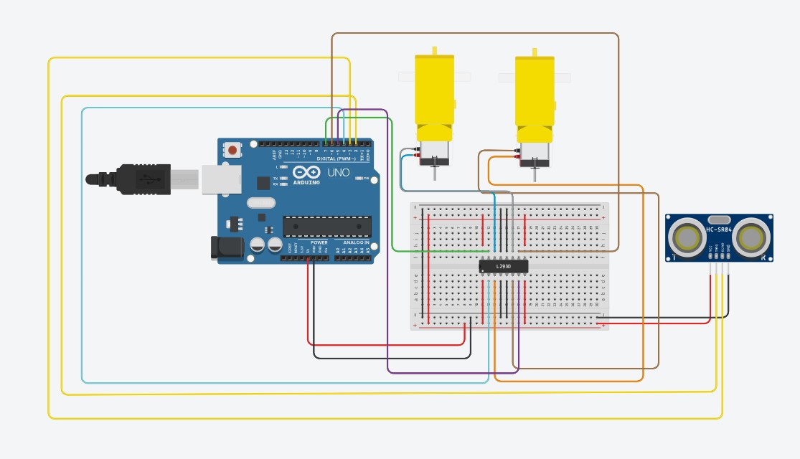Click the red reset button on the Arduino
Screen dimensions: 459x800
coord(233,151)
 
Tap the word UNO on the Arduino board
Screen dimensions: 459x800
coord(338,173)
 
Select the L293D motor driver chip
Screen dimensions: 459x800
coord(504,266)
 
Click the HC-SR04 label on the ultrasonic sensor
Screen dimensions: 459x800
coord(718,229)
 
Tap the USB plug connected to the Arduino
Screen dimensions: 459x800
coord(143,179)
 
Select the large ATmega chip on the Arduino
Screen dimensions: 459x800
coord(327,226)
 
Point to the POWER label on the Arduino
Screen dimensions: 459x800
coord(319,242)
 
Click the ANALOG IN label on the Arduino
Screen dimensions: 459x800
coord(356,242)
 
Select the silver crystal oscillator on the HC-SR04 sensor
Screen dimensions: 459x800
coord(718,219)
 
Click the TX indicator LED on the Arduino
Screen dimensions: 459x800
coord(284,178)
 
